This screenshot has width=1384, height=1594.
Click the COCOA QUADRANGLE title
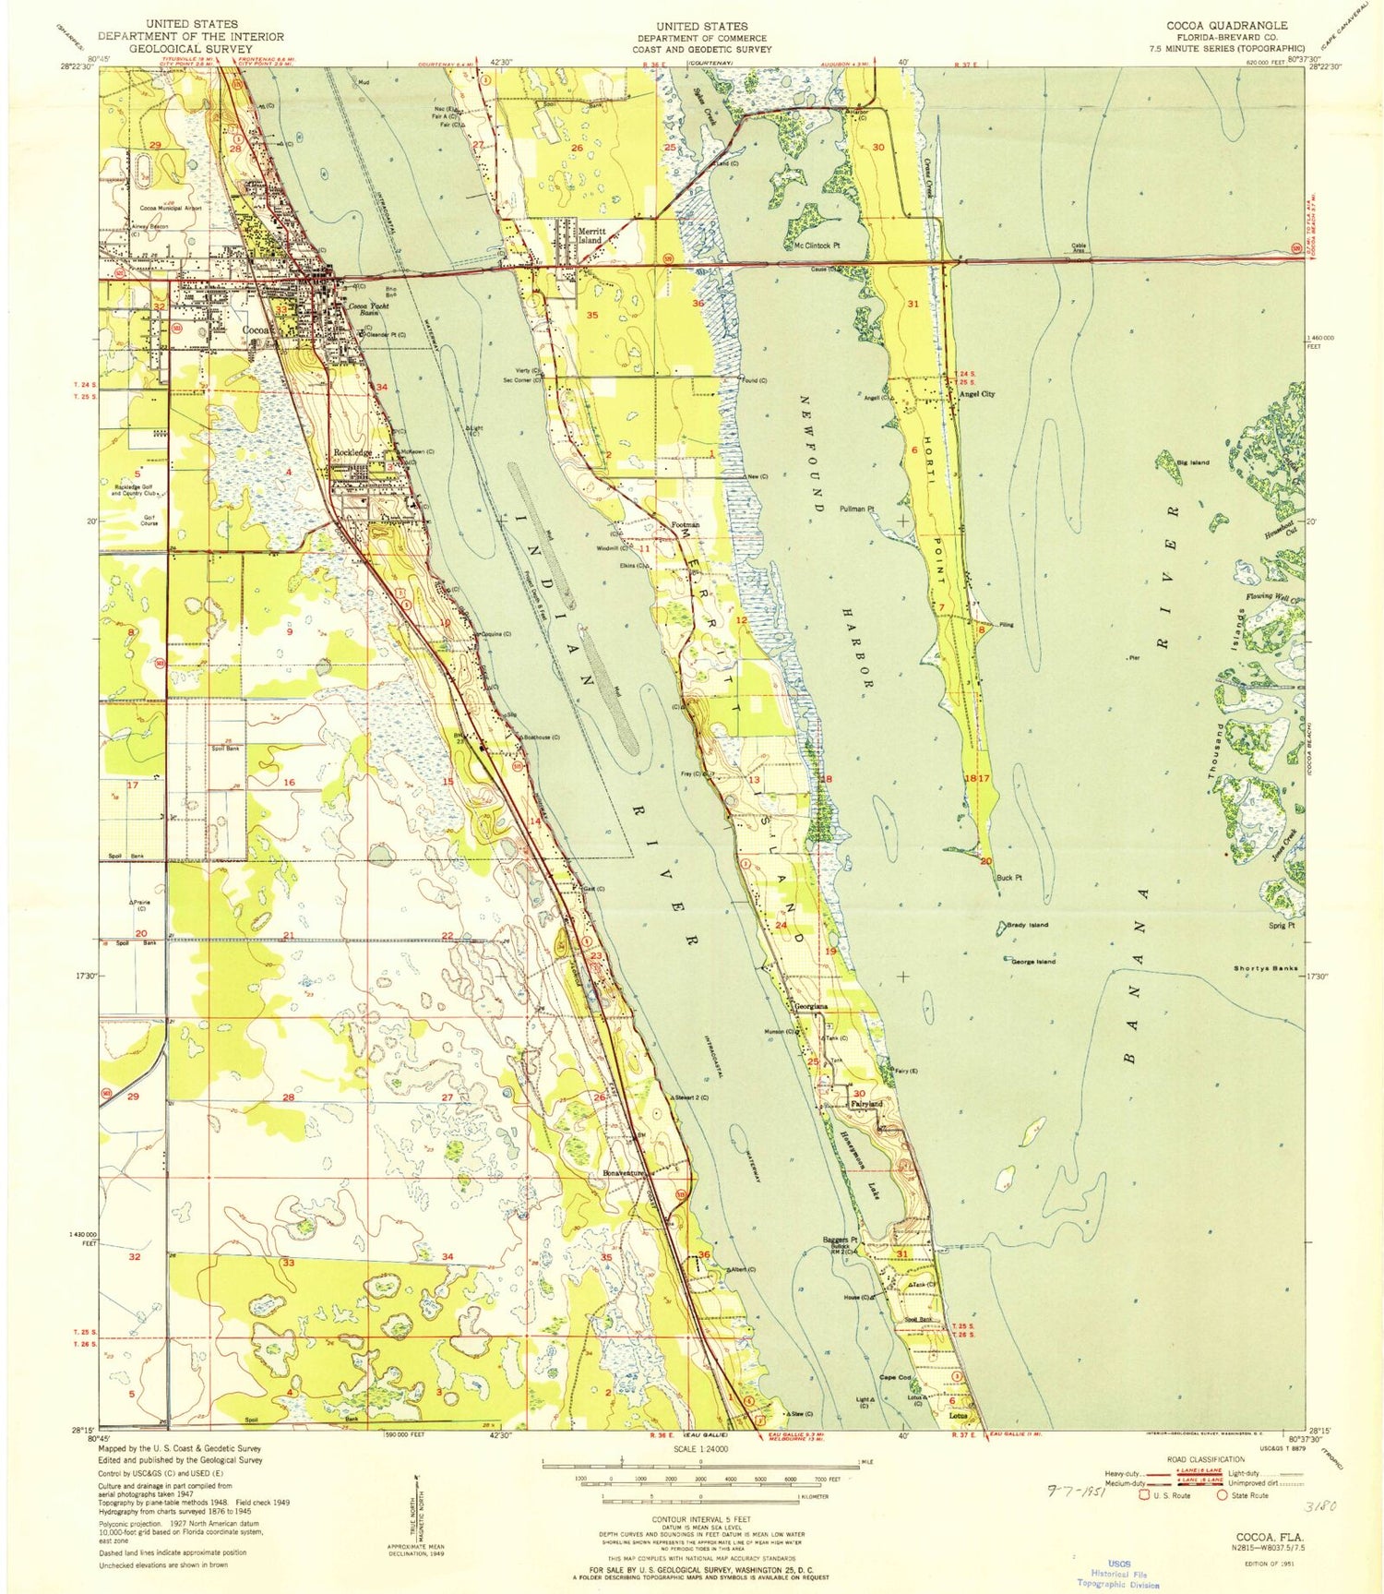point(1227,25)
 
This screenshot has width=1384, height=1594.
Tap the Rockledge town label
point(352,452)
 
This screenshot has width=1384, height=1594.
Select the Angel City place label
point(977,394)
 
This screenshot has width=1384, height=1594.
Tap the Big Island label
point(1193,461)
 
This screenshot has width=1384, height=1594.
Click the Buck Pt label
point(1008,878)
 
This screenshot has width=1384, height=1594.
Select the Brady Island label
point(1027,924)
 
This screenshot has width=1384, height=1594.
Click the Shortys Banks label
point(1266,968)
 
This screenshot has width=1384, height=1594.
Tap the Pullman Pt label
point(856,509)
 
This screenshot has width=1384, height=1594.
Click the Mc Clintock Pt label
point(817,246)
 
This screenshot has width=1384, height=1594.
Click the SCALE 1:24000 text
point(700,1450)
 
